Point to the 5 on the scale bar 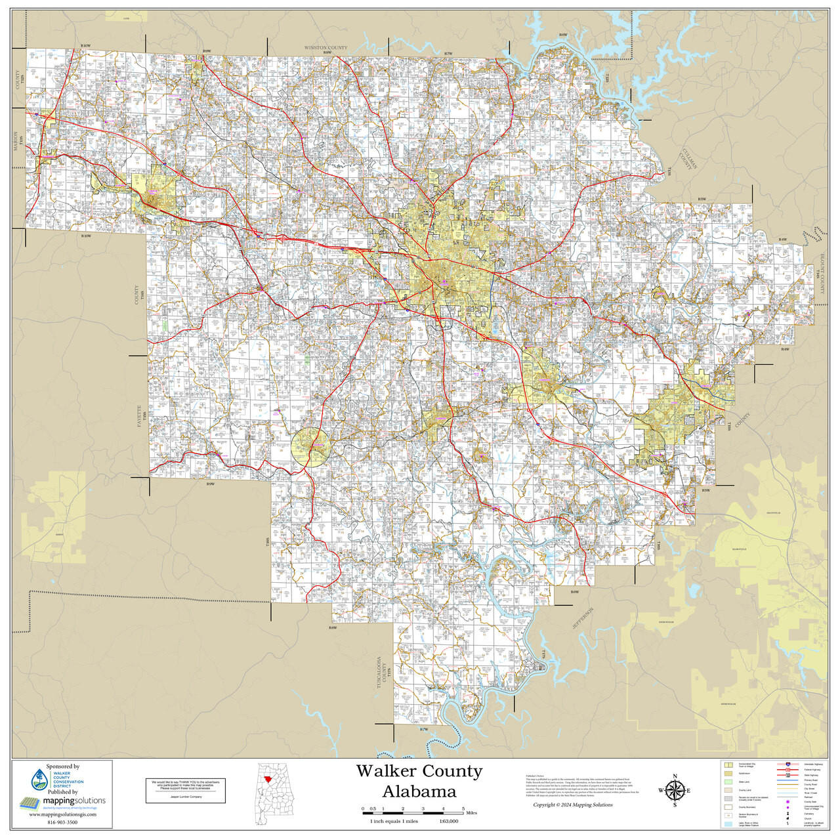tap(463, 808)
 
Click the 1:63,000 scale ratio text tap(450, 821)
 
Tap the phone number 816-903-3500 tap(62, 822)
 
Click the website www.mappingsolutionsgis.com tap(62, 814)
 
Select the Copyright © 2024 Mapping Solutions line tap(572, 805)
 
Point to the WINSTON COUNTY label tap(325, 48)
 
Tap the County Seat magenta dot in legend tap(787, 802)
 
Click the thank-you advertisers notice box tap(186, 789)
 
